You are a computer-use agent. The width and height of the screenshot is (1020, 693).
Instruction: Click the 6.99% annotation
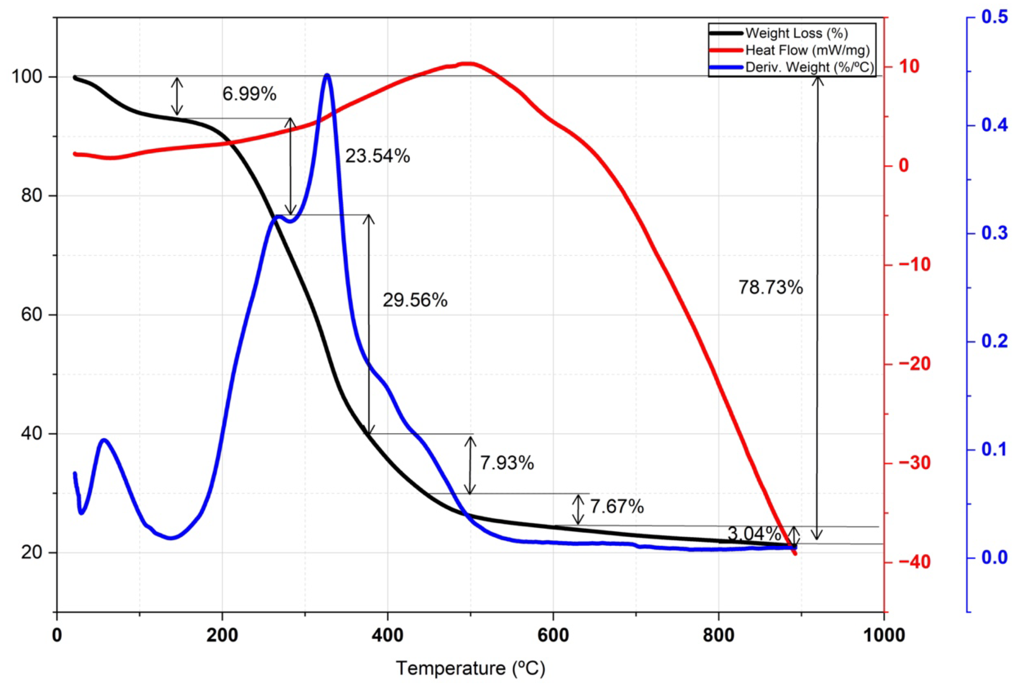click(x=249, y=93)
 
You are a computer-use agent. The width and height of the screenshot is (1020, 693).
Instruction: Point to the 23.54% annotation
click(x=378, y=156)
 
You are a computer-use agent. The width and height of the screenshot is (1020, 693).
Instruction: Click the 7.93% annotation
click(x=507, y=463)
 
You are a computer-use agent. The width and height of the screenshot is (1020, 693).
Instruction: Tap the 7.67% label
click(x=617, y=506)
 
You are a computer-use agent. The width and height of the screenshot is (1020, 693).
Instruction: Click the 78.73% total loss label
click(x=771, y=287)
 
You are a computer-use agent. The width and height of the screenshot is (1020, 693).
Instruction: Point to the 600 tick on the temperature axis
click(x=553, y=635)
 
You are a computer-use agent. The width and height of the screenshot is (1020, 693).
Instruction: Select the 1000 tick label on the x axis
click(x=883, y=635)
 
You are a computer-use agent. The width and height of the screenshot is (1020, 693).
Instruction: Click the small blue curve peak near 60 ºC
click(x=104, y=439)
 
